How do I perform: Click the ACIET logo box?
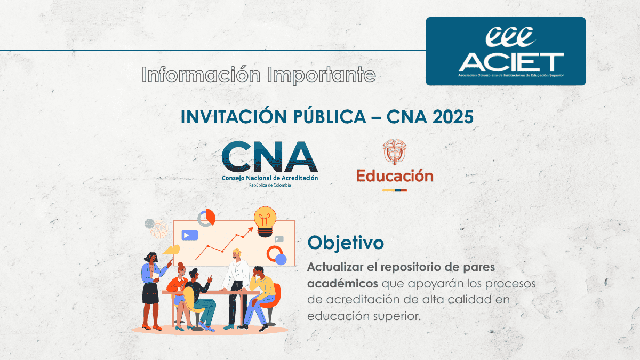coord(506,51)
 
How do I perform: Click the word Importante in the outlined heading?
coord(322,75)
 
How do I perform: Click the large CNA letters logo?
coord(269,157)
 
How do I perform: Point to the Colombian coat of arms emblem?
coord(395,151)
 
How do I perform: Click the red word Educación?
coord(395,175)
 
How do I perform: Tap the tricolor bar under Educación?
coord(395,190)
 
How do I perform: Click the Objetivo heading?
coord(346,243)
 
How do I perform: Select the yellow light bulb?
coord(265,221)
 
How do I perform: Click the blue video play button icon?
coord(190,235)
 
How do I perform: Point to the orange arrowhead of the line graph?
coord(251,229)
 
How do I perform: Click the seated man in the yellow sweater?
coord(260,297)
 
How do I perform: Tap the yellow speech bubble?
coord(171,250)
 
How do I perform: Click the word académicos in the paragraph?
coord(342,284)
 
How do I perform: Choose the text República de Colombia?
coord(270,185)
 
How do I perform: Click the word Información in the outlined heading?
coord(201,75)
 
